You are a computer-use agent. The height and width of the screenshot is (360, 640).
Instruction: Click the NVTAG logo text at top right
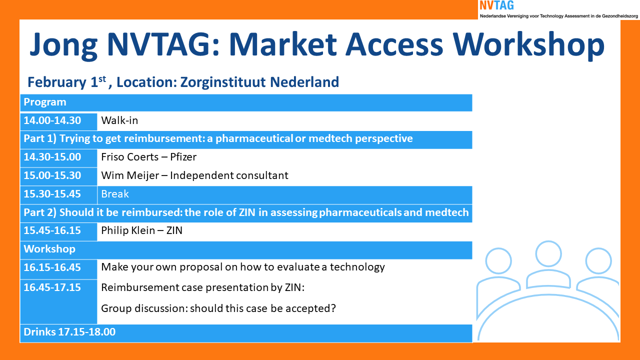[496, 5]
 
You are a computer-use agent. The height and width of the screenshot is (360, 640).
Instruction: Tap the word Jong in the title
[63, 45]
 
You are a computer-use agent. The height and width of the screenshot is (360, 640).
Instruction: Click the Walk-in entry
[119, 120]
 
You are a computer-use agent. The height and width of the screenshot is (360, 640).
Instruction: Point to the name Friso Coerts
[129, 157]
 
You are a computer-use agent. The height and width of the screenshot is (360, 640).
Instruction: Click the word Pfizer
[183, 157]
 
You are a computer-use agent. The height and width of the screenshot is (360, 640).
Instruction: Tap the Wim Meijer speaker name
[130, 175]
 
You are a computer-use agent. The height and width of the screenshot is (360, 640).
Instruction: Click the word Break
[115, 194]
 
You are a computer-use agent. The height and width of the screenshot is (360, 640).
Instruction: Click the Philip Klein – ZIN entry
[141, 230]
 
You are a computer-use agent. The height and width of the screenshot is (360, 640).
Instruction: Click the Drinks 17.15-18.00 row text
[69, 332]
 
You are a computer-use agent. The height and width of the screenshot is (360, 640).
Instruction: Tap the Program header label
[45, 102]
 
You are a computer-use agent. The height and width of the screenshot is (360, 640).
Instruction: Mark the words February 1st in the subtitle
[67, 82]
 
